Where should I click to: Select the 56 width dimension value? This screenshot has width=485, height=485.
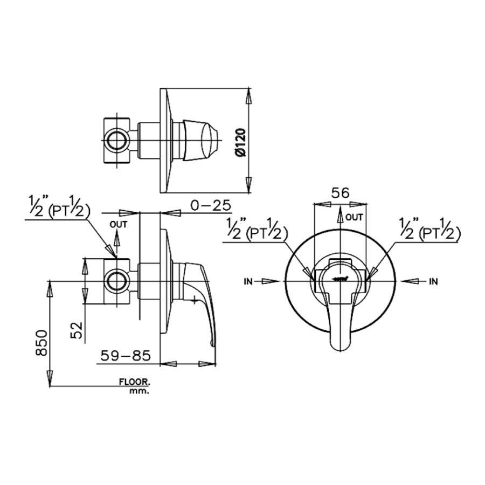pos(341,193)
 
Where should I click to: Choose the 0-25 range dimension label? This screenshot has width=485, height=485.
pos(210,205)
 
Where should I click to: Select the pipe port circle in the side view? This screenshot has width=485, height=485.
pos(116,281)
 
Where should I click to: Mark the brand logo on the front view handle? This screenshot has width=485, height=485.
pos(340,279)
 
